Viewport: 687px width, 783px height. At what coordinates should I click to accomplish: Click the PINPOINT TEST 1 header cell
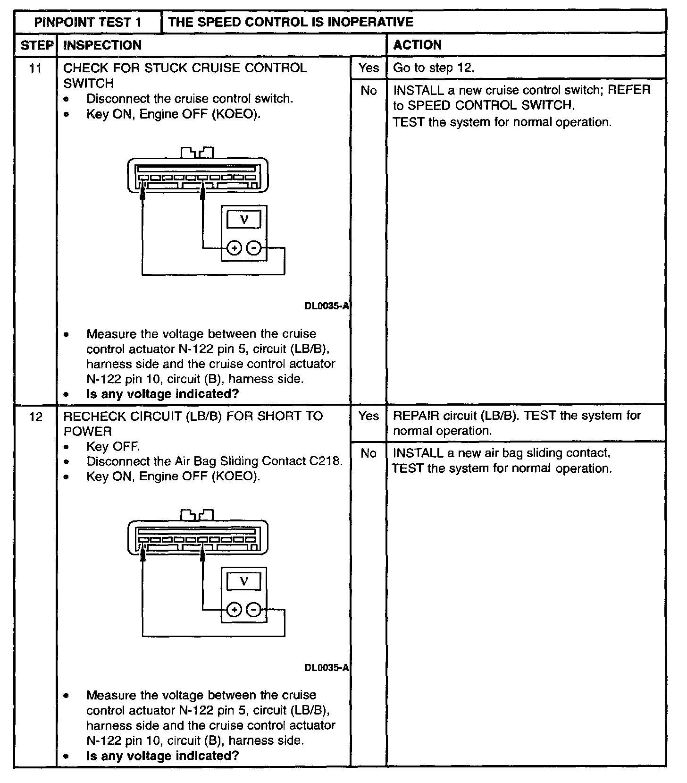coord(88,22)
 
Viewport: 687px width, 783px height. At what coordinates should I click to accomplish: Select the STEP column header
coord(36,45)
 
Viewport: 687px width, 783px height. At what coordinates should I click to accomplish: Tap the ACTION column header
coord(417,45)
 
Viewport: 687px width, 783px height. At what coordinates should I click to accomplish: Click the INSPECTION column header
coord(102,45)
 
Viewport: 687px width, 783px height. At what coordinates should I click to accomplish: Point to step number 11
coord(35,68)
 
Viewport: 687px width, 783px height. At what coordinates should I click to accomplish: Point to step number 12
coord(35,417)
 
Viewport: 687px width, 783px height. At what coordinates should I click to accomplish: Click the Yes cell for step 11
coord(369,68)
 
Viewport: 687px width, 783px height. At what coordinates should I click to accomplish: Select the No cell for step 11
coord(369,91)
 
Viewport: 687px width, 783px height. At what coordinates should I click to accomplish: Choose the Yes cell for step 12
coord(369,416)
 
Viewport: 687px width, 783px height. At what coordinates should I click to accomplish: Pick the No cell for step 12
coord(369,453)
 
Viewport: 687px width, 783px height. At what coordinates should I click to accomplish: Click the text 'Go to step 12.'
coord(434,68)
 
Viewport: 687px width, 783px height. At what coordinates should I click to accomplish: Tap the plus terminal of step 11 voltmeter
coord(234,248)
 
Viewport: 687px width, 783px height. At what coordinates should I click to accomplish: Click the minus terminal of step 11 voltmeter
coord(254,248)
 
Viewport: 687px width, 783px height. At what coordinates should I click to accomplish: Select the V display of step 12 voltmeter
coord(244,581)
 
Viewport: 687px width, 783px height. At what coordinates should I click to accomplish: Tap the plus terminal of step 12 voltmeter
coord(234,610)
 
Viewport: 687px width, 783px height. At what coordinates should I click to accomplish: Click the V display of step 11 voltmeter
coord(244,220)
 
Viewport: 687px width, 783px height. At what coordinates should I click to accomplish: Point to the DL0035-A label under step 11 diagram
coord(327,306)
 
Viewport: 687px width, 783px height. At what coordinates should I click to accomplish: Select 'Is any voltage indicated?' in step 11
coord(162,394)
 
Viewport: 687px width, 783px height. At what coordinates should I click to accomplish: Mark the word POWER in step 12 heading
coord(88,431)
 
